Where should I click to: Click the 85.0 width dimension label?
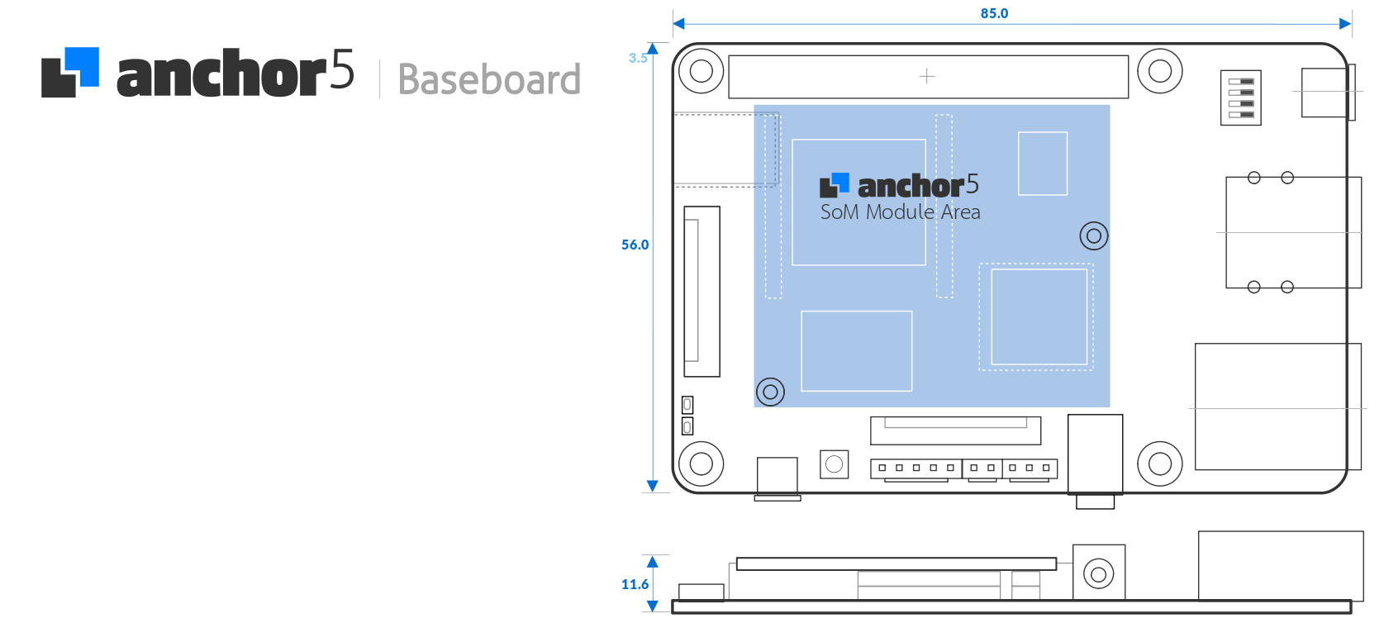994,13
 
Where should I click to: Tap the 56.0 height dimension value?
635,245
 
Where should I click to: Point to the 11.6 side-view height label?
635,584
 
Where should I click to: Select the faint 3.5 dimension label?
637,58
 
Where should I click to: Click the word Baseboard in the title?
489,79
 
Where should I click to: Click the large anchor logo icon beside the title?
70,73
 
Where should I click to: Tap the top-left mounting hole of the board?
701,71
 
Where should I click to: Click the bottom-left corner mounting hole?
701,464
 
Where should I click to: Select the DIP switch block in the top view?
1240,97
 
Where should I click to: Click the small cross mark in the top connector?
927,76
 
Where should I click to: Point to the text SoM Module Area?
900,212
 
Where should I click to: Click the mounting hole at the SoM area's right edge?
1093,236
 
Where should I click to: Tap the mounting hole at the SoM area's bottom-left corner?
770,392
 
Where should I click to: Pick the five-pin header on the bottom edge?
916,468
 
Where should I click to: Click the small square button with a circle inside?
834,464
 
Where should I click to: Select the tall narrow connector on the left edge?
702,291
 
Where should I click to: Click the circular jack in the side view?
1098,573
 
